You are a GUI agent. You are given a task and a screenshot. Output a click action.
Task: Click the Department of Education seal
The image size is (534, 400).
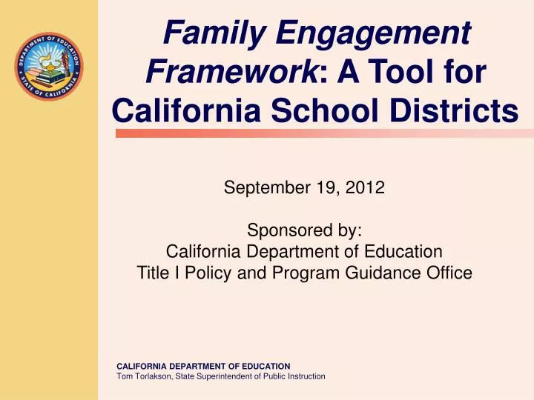click(x=48, y=67)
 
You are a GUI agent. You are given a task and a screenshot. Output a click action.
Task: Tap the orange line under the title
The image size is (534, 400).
click(x=316, y=133)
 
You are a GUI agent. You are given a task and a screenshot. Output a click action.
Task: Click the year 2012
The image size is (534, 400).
click(x=368, y=187)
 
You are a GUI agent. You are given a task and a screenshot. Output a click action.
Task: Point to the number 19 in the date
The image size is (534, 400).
click(x=331, y=187)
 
